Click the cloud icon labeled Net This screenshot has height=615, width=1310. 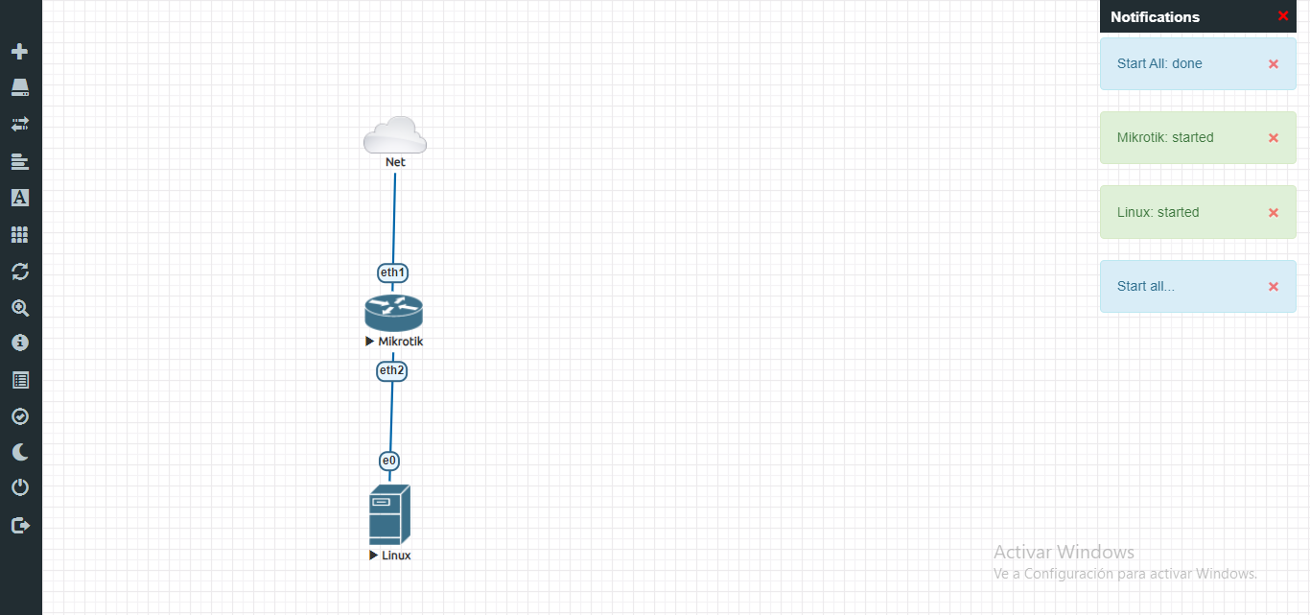pos(395,135)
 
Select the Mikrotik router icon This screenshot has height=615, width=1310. pos(393,313)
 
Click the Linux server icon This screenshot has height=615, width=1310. pos(389,514)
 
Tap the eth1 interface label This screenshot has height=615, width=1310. pos(393,272)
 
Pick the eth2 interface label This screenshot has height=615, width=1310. pos(392,370)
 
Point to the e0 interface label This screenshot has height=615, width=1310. pos(389,461)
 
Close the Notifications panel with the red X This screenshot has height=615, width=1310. pos(1283,16)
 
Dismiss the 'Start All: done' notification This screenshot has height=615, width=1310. pos(1274,64)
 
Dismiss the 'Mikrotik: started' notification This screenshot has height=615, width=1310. pos(1274,138)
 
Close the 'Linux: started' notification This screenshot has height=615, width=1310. pos(1274,213)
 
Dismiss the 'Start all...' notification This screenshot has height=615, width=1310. pos(1274,287)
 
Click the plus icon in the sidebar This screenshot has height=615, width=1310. pos(20,51)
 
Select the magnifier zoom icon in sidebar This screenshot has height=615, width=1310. pos(20,308)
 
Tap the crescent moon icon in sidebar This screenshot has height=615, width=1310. pos(20,452)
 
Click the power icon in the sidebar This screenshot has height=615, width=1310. pos(20,488)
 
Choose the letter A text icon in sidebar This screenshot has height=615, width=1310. pos(20,198)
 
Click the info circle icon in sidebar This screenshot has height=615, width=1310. pos(20,343)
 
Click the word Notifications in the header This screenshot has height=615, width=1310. pos(1155,17)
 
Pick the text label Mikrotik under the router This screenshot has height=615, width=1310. pos(401,342)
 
